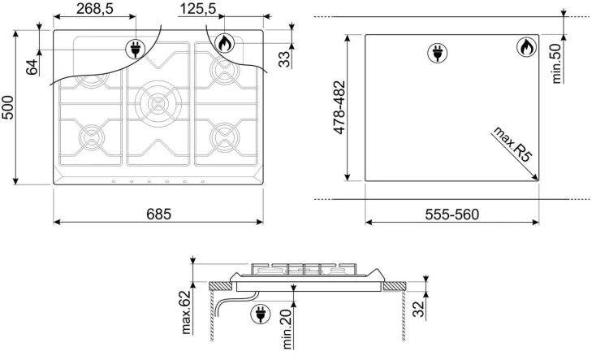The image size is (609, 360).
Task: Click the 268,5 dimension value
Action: pyautogui.click(x=95, y=8)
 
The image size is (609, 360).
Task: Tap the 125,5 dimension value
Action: pyautogui.click(x=197, y=8)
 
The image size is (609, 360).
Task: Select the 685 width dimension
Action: pyautogui.click(x=159, y=214)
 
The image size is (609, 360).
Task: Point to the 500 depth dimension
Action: pyautogui.click(x=8, y=107)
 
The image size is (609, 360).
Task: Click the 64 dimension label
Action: pyautogui.click(x=32, y=67)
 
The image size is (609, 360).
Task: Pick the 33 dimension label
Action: pyautogui.click(x=284, y=59)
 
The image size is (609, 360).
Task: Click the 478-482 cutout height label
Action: pyautogui.click(x=339, y=108)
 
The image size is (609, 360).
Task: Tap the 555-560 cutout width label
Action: pyautogui.click(x=451, y=215)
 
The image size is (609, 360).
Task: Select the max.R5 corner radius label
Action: pyautogui.click(x=512, y=144)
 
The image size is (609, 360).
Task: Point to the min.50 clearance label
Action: pyautogui.click(x=556, y=63)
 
